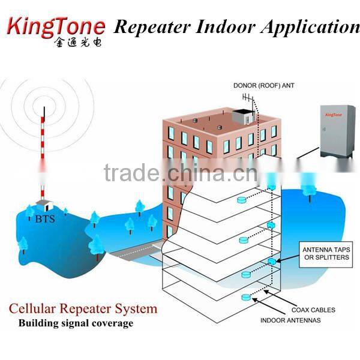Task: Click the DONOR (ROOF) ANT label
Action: (x=264, y=86)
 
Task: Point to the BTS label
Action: (x=44, y=219)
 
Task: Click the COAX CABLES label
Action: (x=313, y=310)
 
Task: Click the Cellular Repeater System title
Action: (x=83, y=310)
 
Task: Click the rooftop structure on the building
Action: (x=244, y=118)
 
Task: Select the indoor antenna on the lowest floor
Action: (x=245, y=298)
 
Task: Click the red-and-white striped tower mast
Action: (x=43, y=156)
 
